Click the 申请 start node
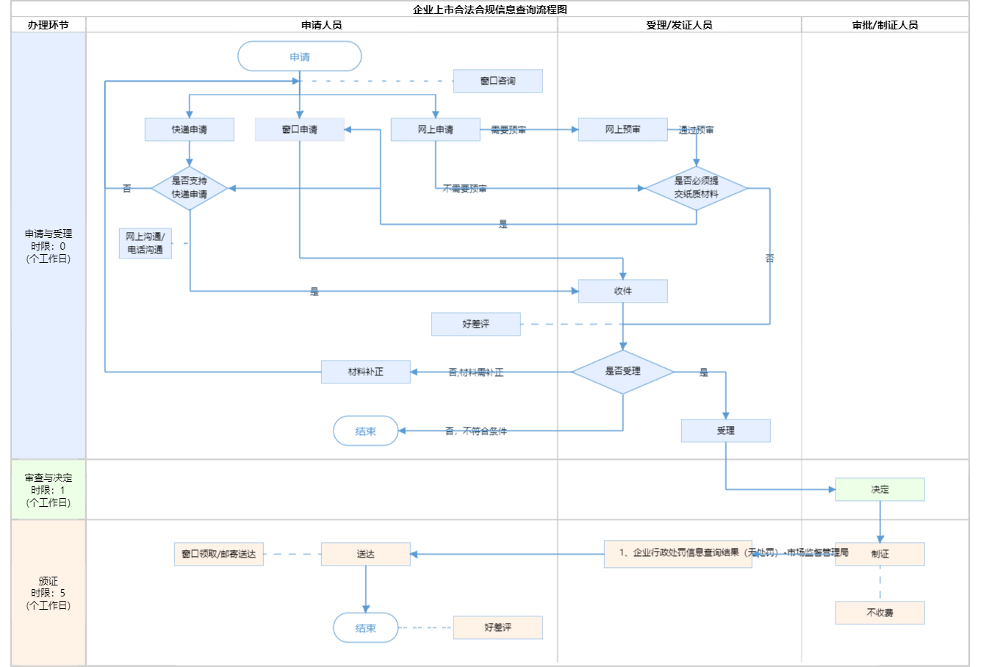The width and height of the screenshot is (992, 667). tap(300, 57)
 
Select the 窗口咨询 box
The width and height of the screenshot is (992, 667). tap(497, 81)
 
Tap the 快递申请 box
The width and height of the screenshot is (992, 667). tap(190, 129)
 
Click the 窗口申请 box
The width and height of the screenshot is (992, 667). tap(299, 129)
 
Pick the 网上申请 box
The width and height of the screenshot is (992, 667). tap(435, 129)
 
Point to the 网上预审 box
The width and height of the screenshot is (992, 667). tap(622, 129)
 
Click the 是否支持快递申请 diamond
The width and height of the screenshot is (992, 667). tap(190, 188)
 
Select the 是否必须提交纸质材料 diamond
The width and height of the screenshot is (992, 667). tap(696, 188)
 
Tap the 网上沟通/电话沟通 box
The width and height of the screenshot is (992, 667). tap(145, 243)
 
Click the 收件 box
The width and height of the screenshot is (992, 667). tap(622, 291)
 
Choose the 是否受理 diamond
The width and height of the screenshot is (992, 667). tap(622, 372)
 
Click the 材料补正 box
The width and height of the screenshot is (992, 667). tap(365, 372)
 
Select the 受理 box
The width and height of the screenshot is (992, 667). tap(725, 430)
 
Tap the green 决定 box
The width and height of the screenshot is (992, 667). tap(880, 489)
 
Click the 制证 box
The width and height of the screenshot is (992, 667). tap(880, 554)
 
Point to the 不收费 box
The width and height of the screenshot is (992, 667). tap(880, 613)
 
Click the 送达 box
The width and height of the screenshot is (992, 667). tap(365, 554)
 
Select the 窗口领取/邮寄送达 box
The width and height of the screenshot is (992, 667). tap(219, 554)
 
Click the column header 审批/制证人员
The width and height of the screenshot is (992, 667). tap(885, 25)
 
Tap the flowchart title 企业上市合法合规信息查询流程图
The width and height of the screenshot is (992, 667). tap(490, 10)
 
